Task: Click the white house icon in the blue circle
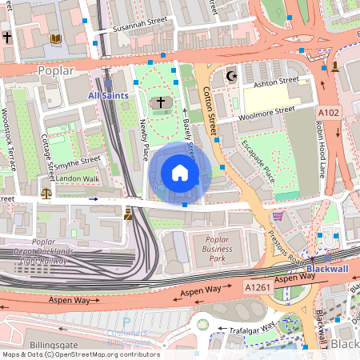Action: (180, 173)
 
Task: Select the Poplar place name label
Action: (55, 70)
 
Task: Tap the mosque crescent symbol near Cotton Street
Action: (233, 77)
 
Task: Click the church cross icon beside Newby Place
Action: (160, 102)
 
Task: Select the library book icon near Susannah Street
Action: (56, 38)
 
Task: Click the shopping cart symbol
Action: (278, 215)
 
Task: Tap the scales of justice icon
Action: (46, 193)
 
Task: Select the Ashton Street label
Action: (276, 82)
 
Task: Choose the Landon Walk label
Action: (77, 178)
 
